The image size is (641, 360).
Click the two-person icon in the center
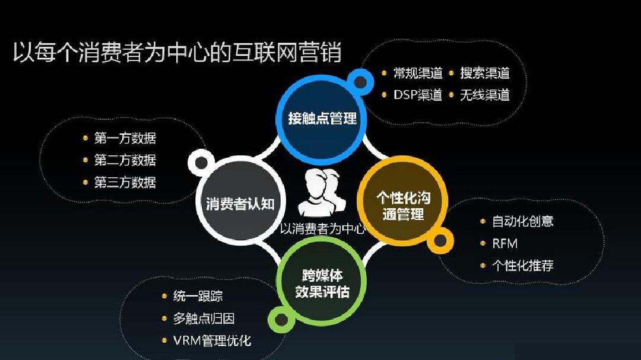[322, 193]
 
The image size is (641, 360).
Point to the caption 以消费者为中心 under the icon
[322, 228]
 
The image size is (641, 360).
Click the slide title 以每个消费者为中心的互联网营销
[177, 52]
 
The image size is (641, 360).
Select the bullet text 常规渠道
[418, 73]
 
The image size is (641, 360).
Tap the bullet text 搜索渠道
[485, 73]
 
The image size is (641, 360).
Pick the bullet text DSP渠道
[418, 95]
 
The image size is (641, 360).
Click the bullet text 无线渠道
[485, 95]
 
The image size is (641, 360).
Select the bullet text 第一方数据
[125, 138]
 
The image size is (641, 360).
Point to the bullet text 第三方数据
[125, 182]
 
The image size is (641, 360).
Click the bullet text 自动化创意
[523, 221]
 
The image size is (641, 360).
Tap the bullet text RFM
[505, 244]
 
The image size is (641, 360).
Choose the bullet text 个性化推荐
[523, 266]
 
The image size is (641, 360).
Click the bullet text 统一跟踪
[198, 296]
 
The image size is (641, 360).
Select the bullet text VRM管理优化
[212, 340]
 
